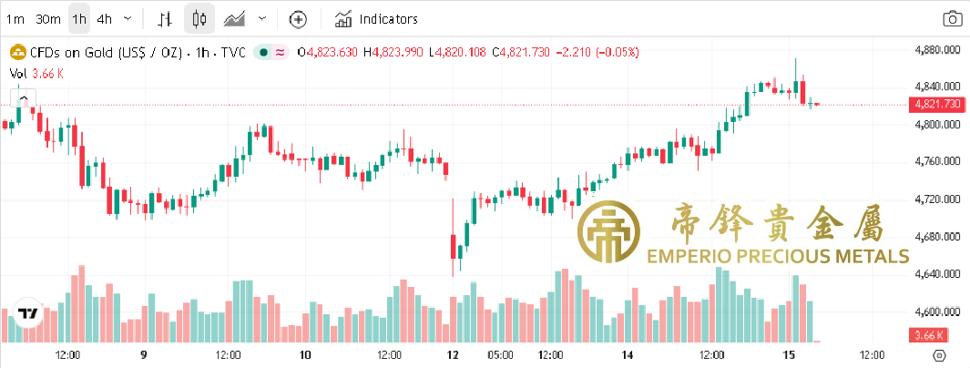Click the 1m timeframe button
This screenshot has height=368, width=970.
(x=15, y=18)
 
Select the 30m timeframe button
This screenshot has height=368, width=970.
(x=48, y=18)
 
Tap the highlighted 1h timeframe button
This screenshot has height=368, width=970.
(x=79, y=18)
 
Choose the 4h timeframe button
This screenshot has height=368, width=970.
(x=105, y=18)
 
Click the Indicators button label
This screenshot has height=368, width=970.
(x=388, y=18)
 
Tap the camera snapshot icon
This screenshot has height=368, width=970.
(x=952, y=18)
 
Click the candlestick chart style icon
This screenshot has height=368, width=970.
(x=200, y=18)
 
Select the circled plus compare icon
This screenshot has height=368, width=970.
(x=298, y=18)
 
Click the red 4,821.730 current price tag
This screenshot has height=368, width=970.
(x=937, y=104)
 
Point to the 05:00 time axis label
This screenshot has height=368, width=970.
(x=500, y=354)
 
